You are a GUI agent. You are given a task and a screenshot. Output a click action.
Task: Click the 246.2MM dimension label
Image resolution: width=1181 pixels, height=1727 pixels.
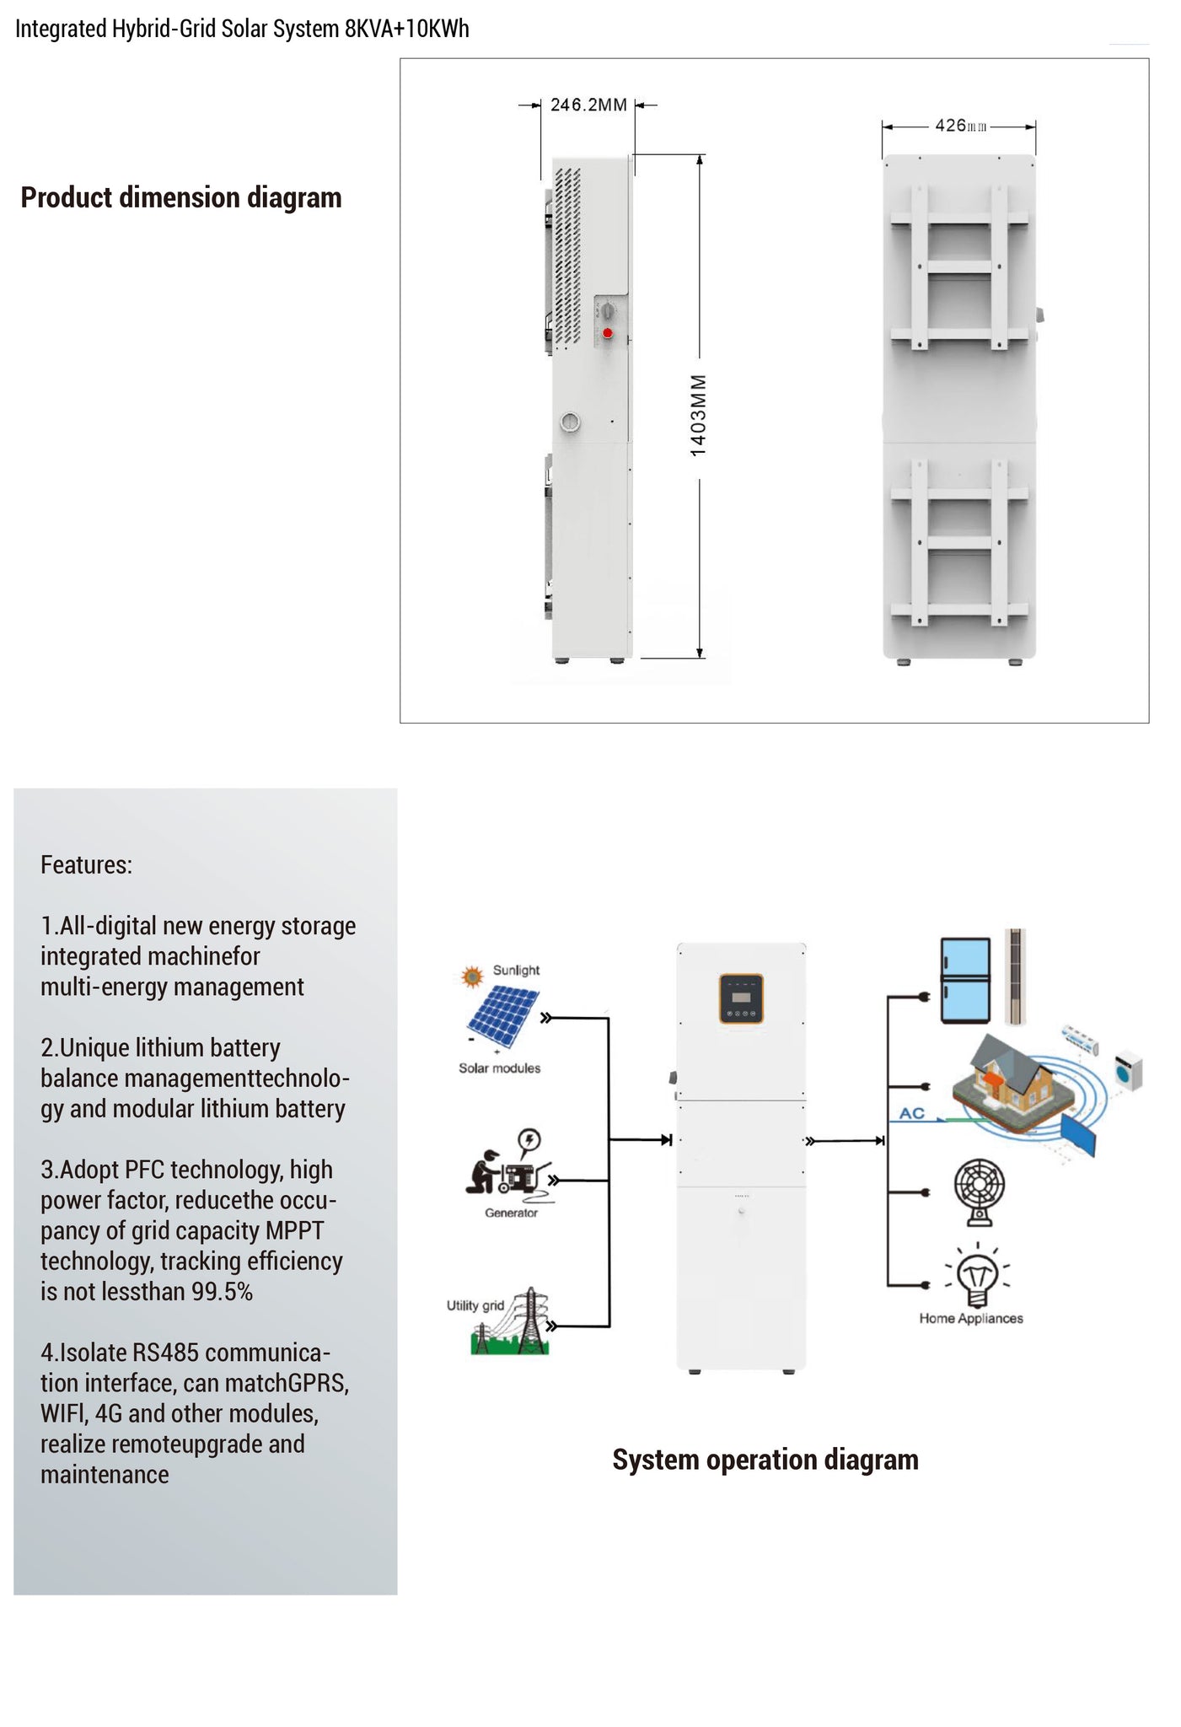point(588,105)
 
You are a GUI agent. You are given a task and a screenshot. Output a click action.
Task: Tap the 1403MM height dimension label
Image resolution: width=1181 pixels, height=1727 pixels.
point(699,416)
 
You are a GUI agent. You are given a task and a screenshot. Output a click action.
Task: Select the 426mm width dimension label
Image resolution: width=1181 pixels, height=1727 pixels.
point(959,126)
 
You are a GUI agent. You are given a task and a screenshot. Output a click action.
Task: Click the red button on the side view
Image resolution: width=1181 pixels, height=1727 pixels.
point(607,334)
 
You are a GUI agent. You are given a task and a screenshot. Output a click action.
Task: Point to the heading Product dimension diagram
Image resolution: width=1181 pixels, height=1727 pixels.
point(181,198)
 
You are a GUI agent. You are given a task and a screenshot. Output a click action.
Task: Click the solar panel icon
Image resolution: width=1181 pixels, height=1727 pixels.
point(502,1015)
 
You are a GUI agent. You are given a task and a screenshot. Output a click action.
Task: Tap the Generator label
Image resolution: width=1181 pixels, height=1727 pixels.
point(511,1213)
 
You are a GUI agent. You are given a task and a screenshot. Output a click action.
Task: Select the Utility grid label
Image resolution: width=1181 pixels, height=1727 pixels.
point(475,1305)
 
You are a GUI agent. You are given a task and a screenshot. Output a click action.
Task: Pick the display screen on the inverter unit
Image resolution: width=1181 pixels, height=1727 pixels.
point(741,998)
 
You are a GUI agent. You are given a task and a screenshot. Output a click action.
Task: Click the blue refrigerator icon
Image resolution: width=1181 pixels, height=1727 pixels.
point(965,980)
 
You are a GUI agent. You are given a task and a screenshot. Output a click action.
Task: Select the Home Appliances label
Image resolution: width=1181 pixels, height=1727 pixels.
point(971,1318)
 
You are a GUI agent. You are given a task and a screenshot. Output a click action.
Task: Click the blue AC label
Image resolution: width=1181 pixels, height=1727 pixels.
point(911,1113)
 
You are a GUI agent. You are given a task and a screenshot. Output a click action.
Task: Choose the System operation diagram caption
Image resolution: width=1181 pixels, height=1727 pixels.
point(765,1460)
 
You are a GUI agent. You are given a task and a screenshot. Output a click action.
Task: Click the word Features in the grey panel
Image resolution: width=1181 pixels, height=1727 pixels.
point(86,865)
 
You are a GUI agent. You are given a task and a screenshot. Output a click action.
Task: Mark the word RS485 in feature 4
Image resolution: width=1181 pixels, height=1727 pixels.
point(165,1353)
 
